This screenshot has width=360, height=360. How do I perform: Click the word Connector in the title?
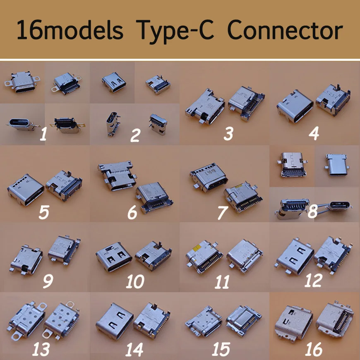click(x=285, y=31)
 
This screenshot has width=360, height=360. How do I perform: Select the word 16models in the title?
click(x=70, y=31)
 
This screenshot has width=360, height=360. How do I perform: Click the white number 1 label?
click(x=42, y=134)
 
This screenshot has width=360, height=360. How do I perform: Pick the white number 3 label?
click(x=228, y=134)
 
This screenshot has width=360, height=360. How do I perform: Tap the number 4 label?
click(x=314, y=134)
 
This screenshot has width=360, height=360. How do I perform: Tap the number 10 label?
click(x=135, y=282)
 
